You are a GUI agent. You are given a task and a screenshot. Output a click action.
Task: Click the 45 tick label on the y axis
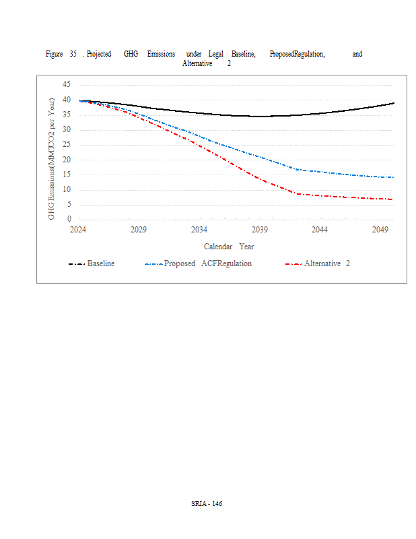pos(66,85)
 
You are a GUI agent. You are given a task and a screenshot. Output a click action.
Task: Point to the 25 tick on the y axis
pos(66,145)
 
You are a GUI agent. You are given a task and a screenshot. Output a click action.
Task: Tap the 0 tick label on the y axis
pos(68,219)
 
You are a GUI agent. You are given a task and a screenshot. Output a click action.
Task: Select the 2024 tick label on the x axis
pos(79,230)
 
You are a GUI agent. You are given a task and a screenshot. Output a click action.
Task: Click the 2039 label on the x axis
pos(260,230)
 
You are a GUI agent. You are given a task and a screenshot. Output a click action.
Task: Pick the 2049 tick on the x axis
pos(380,230)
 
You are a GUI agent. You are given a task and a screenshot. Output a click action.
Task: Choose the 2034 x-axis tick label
pos(199,230)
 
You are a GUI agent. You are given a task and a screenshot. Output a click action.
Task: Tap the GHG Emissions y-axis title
pos(52,158)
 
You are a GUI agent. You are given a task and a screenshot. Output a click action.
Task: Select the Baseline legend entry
pos(100,263)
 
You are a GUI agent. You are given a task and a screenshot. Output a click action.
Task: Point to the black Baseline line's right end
pos(394,103)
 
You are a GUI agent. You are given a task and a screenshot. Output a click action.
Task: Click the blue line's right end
pos(394,177)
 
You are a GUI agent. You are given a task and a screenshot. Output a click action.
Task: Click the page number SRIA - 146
pos(207,503)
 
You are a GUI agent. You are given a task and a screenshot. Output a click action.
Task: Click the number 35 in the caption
pos(73,54)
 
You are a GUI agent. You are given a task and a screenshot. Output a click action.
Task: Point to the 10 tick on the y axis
pos(66,189)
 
